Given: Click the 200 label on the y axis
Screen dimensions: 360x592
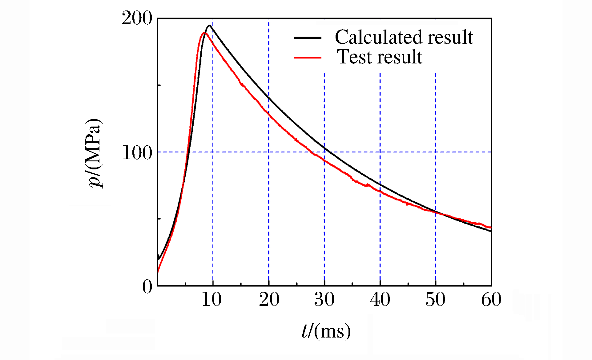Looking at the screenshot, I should coord(137,18).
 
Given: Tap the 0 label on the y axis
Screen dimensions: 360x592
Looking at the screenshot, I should coord(147,287).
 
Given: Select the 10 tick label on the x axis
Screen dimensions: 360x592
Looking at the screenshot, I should coord(212,299).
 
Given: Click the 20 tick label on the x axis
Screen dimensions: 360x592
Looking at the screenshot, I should coord(269,299).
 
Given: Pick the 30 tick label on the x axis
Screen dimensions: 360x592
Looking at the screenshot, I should coord(324,299).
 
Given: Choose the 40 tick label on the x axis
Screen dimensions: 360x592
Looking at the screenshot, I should coord(380,299).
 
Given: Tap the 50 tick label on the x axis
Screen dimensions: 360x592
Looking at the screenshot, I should coord(436,299).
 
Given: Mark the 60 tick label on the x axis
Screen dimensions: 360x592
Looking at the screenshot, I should coord(491,299).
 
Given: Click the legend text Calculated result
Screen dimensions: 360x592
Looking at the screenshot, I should coord(404,37).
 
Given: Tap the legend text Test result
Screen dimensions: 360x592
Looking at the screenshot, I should coord(380,57).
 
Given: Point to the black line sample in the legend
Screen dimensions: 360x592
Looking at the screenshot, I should coord(308,38).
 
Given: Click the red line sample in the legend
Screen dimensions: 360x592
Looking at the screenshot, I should coord(308,58).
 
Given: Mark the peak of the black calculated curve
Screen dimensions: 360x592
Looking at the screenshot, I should coord(210,26).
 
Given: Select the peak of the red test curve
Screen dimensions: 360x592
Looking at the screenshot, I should coord(204,33).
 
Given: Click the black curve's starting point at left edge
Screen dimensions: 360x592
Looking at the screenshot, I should coord(159,259).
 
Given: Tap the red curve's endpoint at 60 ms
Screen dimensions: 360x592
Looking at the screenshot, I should coord(491,228).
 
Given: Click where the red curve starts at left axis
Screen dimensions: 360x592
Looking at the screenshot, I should coord(158,272).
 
